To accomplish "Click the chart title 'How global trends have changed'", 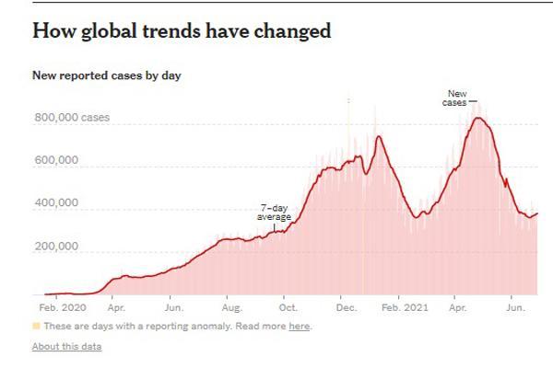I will pyautogui.click(x=182, y=30).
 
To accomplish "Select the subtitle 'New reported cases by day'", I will pyautogui.click(x=106, y=75).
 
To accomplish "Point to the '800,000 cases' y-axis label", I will pyautogui.click(x=69, y=118).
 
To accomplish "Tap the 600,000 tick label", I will pyautogui.click(x=55, y=160).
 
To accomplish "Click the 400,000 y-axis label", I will pyautogui.click(x=55, y=204).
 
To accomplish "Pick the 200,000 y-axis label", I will pyautogui.click(x=55, y=247).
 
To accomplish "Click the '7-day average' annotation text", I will pyautogui.click(x=275, y=214).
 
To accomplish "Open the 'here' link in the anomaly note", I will pyautogui.click(x=298, y=327).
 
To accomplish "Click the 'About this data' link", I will pyautogui.click(x=66, y=346).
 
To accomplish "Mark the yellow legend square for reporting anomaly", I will pyautogui.click(x=36, y=327).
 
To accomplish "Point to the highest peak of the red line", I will pyautogui.click(x=477, y=118).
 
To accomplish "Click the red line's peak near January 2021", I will pyautogui.click(x=379, y=137).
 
